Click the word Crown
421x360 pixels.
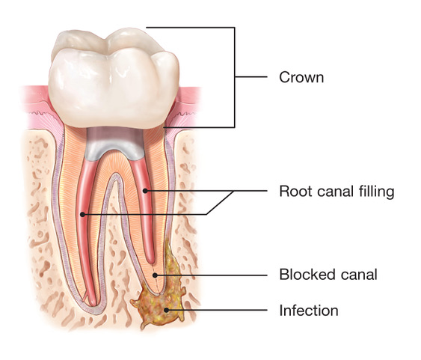click(x=301, y=77)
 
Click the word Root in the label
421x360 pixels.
click(x=295, y=192)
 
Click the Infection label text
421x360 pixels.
click(x=309, y=311)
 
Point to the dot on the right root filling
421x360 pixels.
click(x=145, y=191)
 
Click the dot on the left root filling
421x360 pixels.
click(x=83, y=214)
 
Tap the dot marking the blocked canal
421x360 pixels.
click(x=155, y=275)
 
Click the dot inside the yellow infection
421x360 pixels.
click(x=167, y=310)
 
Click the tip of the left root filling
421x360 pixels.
click(x=93, y=304)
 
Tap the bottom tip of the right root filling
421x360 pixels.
click(x=151, y=261)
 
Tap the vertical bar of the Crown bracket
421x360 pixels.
click(x=235, y=77)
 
